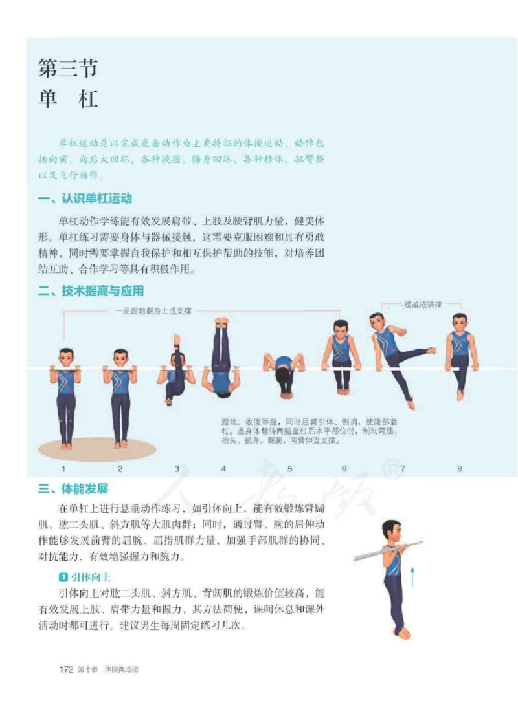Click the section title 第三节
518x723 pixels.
click(67, 67)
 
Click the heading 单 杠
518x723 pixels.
click(67, 98)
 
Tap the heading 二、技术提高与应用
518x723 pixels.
click(91, 291)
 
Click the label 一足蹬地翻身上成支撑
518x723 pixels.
click(153, 311)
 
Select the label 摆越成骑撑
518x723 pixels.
click(423, 305)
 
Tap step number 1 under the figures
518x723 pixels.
click(63, 469)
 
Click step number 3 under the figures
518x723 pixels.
click(177, 469)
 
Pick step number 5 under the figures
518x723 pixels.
click(289, 469)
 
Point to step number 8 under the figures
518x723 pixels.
click(460, 469)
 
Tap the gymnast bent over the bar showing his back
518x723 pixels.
click(284, 372)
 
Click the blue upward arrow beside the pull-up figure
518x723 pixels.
click(412, 574)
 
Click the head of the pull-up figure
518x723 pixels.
click(390, 531)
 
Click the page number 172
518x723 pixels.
click(66, 669)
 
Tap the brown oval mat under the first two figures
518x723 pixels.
click(97, 448)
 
